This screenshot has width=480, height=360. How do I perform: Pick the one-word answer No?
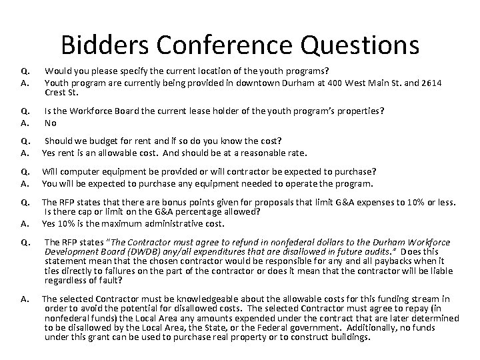tap(49, 123)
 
